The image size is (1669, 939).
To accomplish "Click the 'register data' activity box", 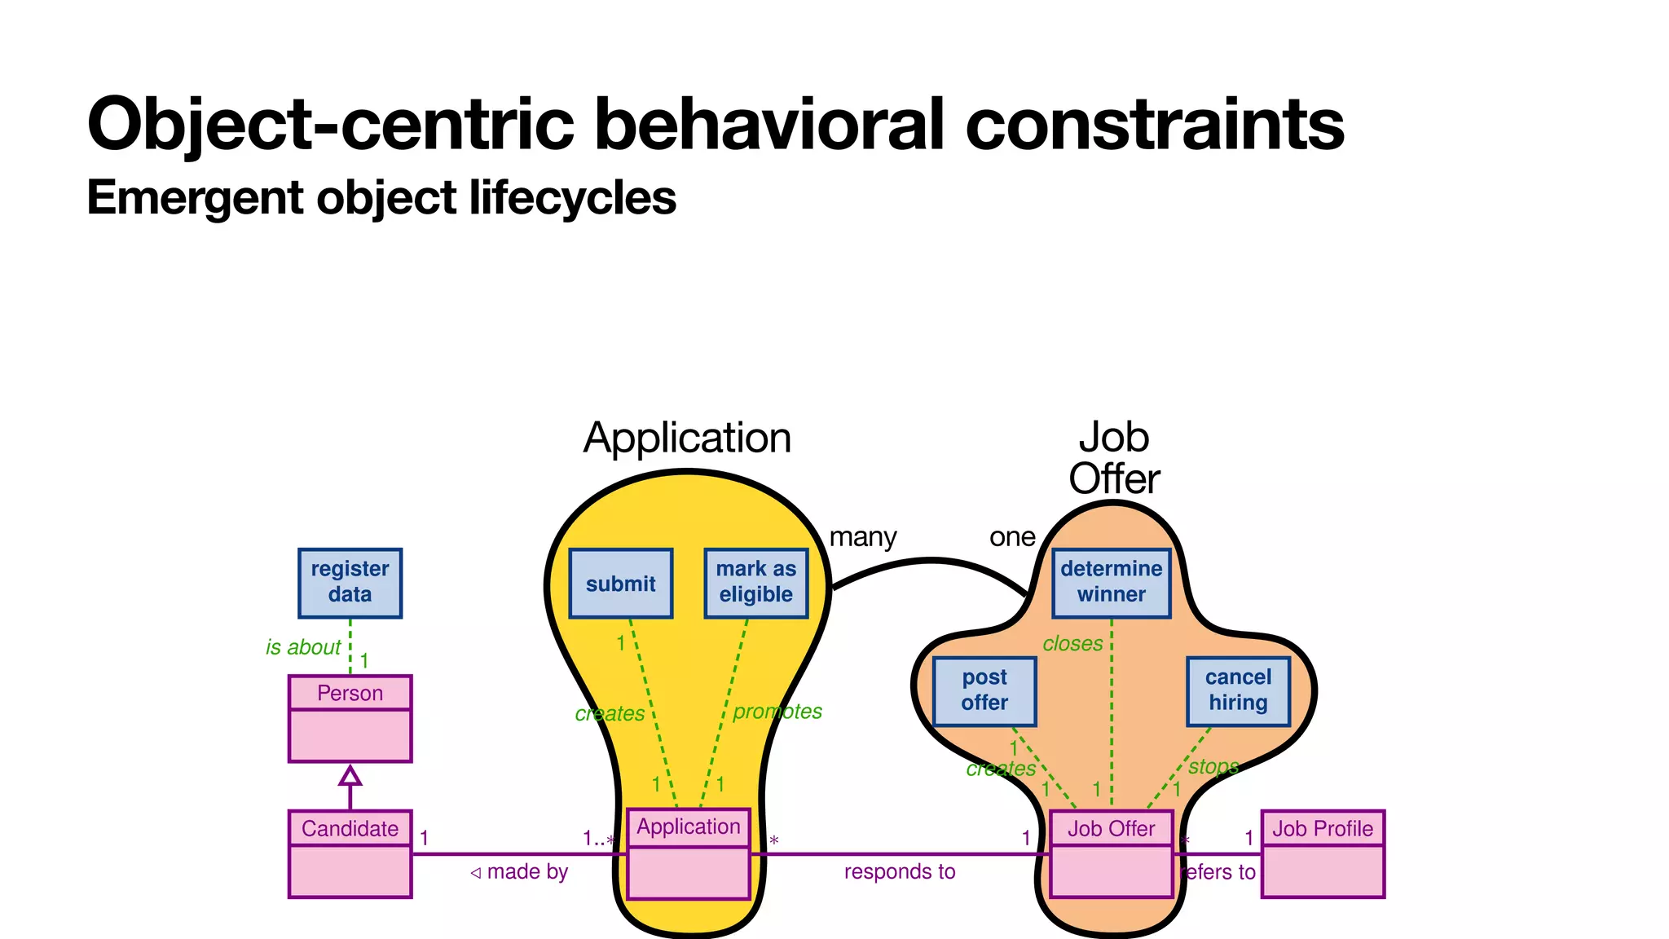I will click(350, 583).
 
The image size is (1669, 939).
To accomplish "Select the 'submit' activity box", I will click(620, 584).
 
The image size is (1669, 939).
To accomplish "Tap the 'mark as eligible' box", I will click(755, 583).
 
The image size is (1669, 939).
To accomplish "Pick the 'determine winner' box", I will click(1111, 583).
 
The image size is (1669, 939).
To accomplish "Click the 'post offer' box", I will click(984, 691).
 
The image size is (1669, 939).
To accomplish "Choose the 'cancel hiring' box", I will click(1238, 691).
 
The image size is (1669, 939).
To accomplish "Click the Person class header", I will click(350, 693).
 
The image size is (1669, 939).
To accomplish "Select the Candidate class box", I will click(350, 853).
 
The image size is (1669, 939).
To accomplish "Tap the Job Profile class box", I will click(1323, 853).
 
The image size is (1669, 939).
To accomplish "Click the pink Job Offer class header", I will click(1111, 828).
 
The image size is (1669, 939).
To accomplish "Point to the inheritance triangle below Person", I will click(350, 775).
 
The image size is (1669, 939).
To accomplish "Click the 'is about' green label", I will click(302, 647).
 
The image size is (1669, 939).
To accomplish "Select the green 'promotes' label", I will click(777, 712).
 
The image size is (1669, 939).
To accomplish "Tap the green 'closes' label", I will click(1072, 644).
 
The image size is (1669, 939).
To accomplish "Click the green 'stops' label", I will click(1213, 767).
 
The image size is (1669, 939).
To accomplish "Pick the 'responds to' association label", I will click(899, 871).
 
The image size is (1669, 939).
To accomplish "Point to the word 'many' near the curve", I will click(862, 537).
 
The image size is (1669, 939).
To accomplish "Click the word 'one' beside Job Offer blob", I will click(1012, 537).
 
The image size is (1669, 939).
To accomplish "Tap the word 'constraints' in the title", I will click(1155, 124).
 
